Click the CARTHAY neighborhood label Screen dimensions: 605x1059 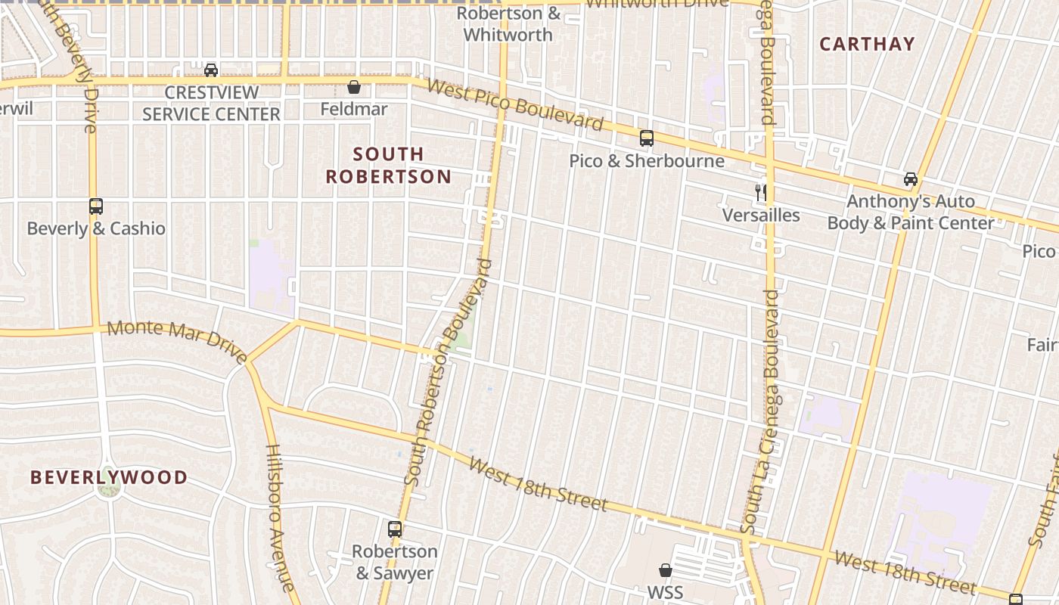[867, 44]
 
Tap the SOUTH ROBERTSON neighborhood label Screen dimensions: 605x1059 [389, 166]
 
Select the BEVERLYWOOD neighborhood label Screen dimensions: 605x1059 [109, 477]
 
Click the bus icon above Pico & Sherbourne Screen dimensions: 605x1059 [647, 138]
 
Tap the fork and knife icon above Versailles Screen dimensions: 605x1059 [761, 193]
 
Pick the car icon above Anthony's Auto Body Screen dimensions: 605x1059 [911, 179]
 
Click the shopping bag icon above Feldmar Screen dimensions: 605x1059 [353, 87]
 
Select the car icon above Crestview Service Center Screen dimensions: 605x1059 [211, 70]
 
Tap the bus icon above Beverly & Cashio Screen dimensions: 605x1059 [96, 206]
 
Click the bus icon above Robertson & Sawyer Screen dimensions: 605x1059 [395, 529]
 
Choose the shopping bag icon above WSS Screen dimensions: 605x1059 [666, 569]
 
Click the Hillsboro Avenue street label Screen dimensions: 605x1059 [278, 517]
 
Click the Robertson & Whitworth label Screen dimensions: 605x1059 [508, 24]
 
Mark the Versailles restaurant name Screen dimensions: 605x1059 [761, 216]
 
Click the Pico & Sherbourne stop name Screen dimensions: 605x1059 [647, 161]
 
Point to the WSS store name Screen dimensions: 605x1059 [666, 591]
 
